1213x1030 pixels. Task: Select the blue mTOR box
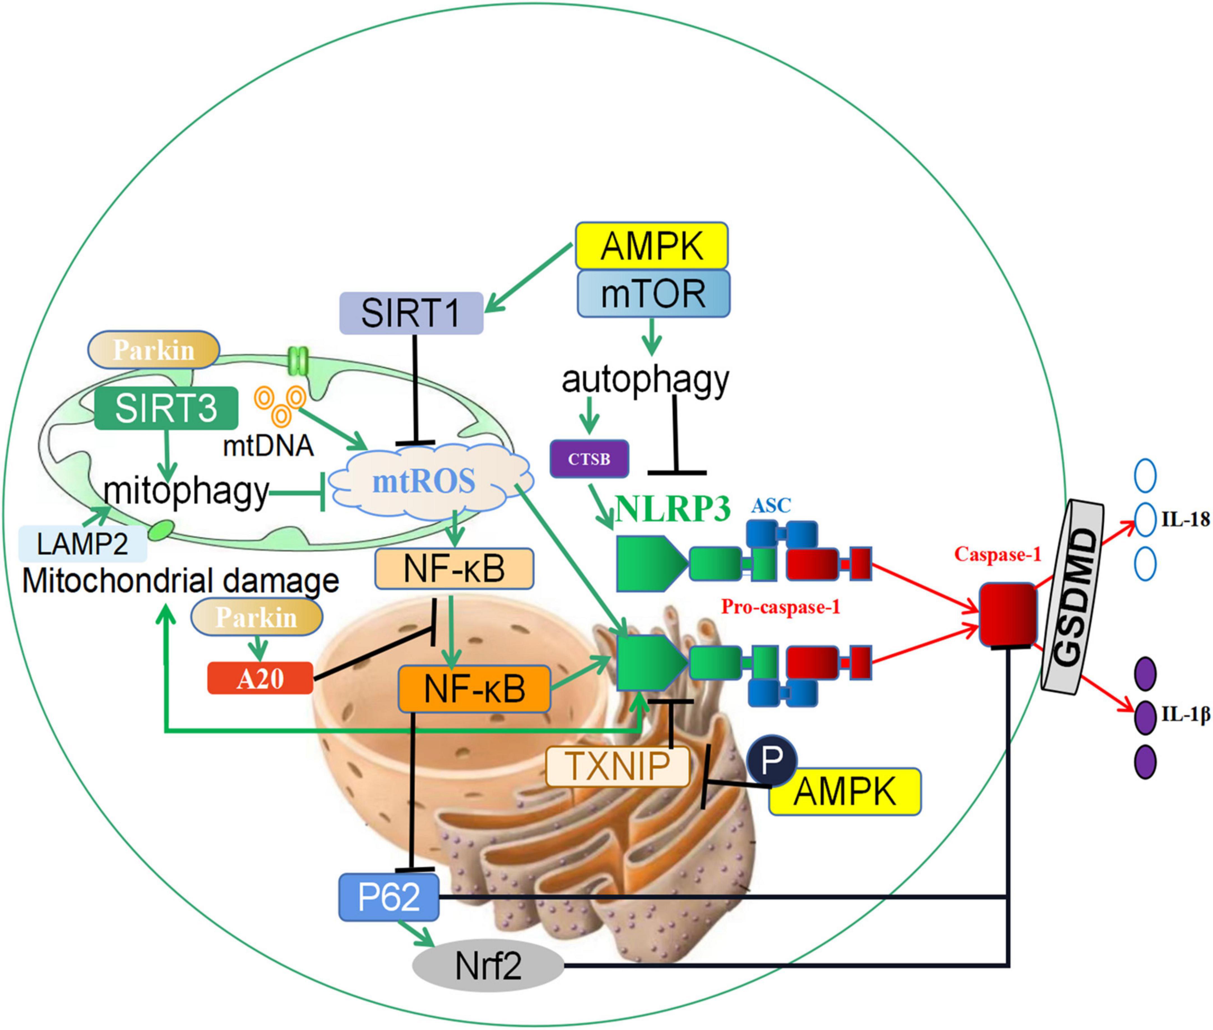coord(653,294)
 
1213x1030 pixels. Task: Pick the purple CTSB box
coord(589,459)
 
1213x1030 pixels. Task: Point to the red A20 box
coord(260,679)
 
